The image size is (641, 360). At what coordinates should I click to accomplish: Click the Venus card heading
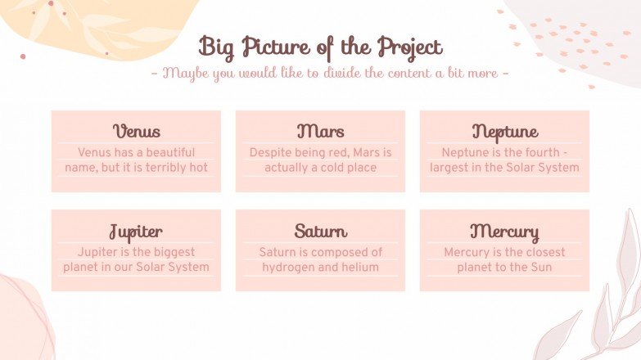tap(136, 132)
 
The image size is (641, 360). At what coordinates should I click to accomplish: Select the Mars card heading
tap(320, 132)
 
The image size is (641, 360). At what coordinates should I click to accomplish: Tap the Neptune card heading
tap(504, 132)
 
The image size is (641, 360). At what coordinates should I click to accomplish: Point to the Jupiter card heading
tap(136, 231)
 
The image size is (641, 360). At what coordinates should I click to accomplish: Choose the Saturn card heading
tap(320, 231)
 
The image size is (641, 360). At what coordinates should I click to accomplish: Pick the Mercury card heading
tap(504, 231)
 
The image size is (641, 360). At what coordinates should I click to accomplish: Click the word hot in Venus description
tap(197, 168)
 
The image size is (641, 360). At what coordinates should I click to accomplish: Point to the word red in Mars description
tap(338, 152)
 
